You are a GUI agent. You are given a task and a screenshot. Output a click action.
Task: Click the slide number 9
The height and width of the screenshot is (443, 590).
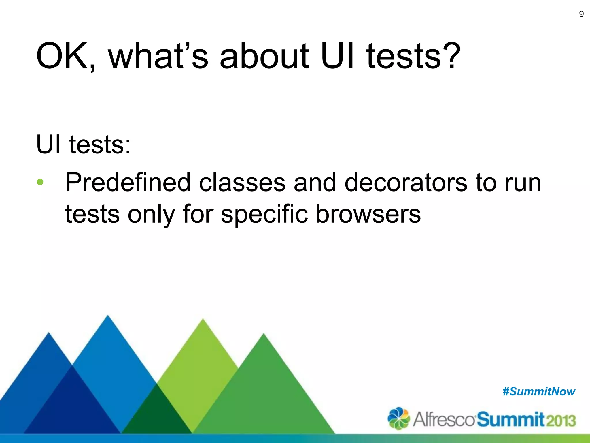pos(581,14)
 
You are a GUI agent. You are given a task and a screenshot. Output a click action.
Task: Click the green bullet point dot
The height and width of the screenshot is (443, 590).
pos(40,182)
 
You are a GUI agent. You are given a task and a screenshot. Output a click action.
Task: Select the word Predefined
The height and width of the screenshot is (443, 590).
pos(128,182)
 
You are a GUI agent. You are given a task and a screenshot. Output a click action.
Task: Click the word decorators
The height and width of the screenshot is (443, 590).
pos(406,182)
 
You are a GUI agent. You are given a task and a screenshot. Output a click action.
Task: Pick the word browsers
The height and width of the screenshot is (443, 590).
pos(368,214)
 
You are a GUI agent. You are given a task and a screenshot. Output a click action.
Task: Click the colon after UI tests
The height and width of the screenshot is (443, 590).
pos(128,146)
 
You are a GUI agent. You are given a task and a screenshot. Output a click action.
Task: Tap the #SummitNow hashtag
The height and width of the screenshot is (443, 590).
pos(539,392)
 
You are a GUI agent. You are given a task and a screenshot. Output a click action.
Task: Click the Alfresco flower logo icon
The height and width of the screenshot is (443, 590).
pos(398,418)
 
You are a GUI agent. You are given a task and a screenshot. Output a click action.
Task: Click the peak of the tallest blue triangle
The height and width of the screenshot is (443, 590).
pos(108,317)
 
